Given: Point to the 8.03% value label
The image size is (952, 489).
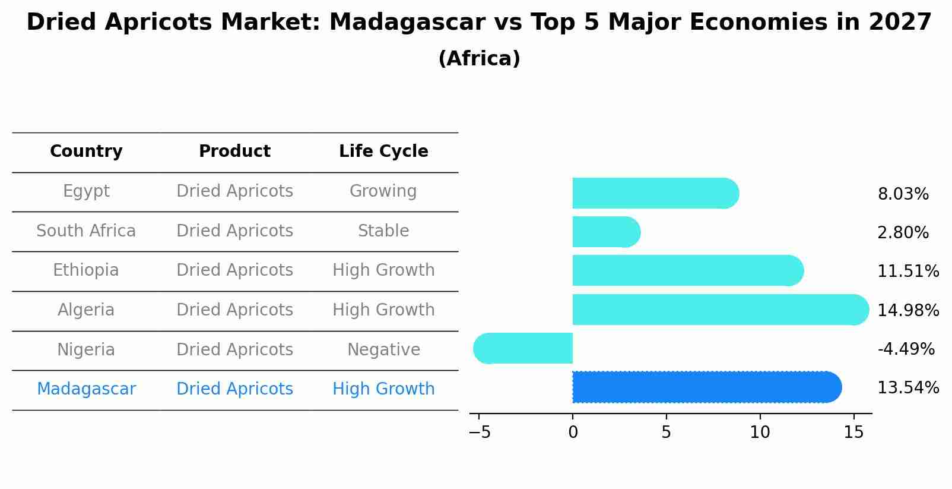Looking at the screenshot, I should click(903, 194).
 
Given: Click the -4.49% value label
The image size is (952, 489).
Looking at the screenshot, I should click(906, 349).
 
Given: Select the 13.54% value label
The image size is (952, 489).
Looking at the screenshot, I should click(907, 388).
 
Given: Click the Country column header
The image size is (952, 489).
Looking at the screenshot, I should click(86, 152).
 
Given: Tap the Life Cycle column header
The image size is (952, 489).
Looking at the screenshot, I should click(383, 152).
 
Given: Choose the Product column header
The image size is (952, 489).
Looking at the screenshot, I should click(234, 152).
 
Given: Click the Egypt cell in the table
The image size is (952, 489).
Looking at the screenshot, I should click(86, 191).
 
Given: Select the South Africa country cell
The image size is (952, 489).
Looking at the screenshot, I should click(86, 231).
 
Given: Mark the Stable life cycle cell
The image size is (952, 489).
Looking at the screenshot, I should click(383, 231).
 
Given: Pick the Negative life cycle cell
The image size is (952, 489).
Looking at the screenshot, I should click(383, 349).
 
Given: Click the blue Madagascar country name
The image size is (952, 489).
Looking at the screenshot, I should click(86, 389).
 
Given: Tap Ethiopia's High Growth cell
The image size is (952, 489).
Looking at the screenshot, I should click(383, 270).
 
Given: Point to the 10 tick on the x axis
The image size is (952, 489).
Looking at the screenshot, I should click(760, 433).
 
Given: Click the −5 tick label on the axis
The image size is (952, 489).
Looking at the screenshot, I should click(480, 433).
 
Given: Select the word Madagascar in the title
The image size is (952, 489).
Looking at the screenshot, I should click(407, 23).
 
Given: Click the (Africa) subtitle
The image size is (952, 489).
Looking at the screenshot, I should click(479, 59).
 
